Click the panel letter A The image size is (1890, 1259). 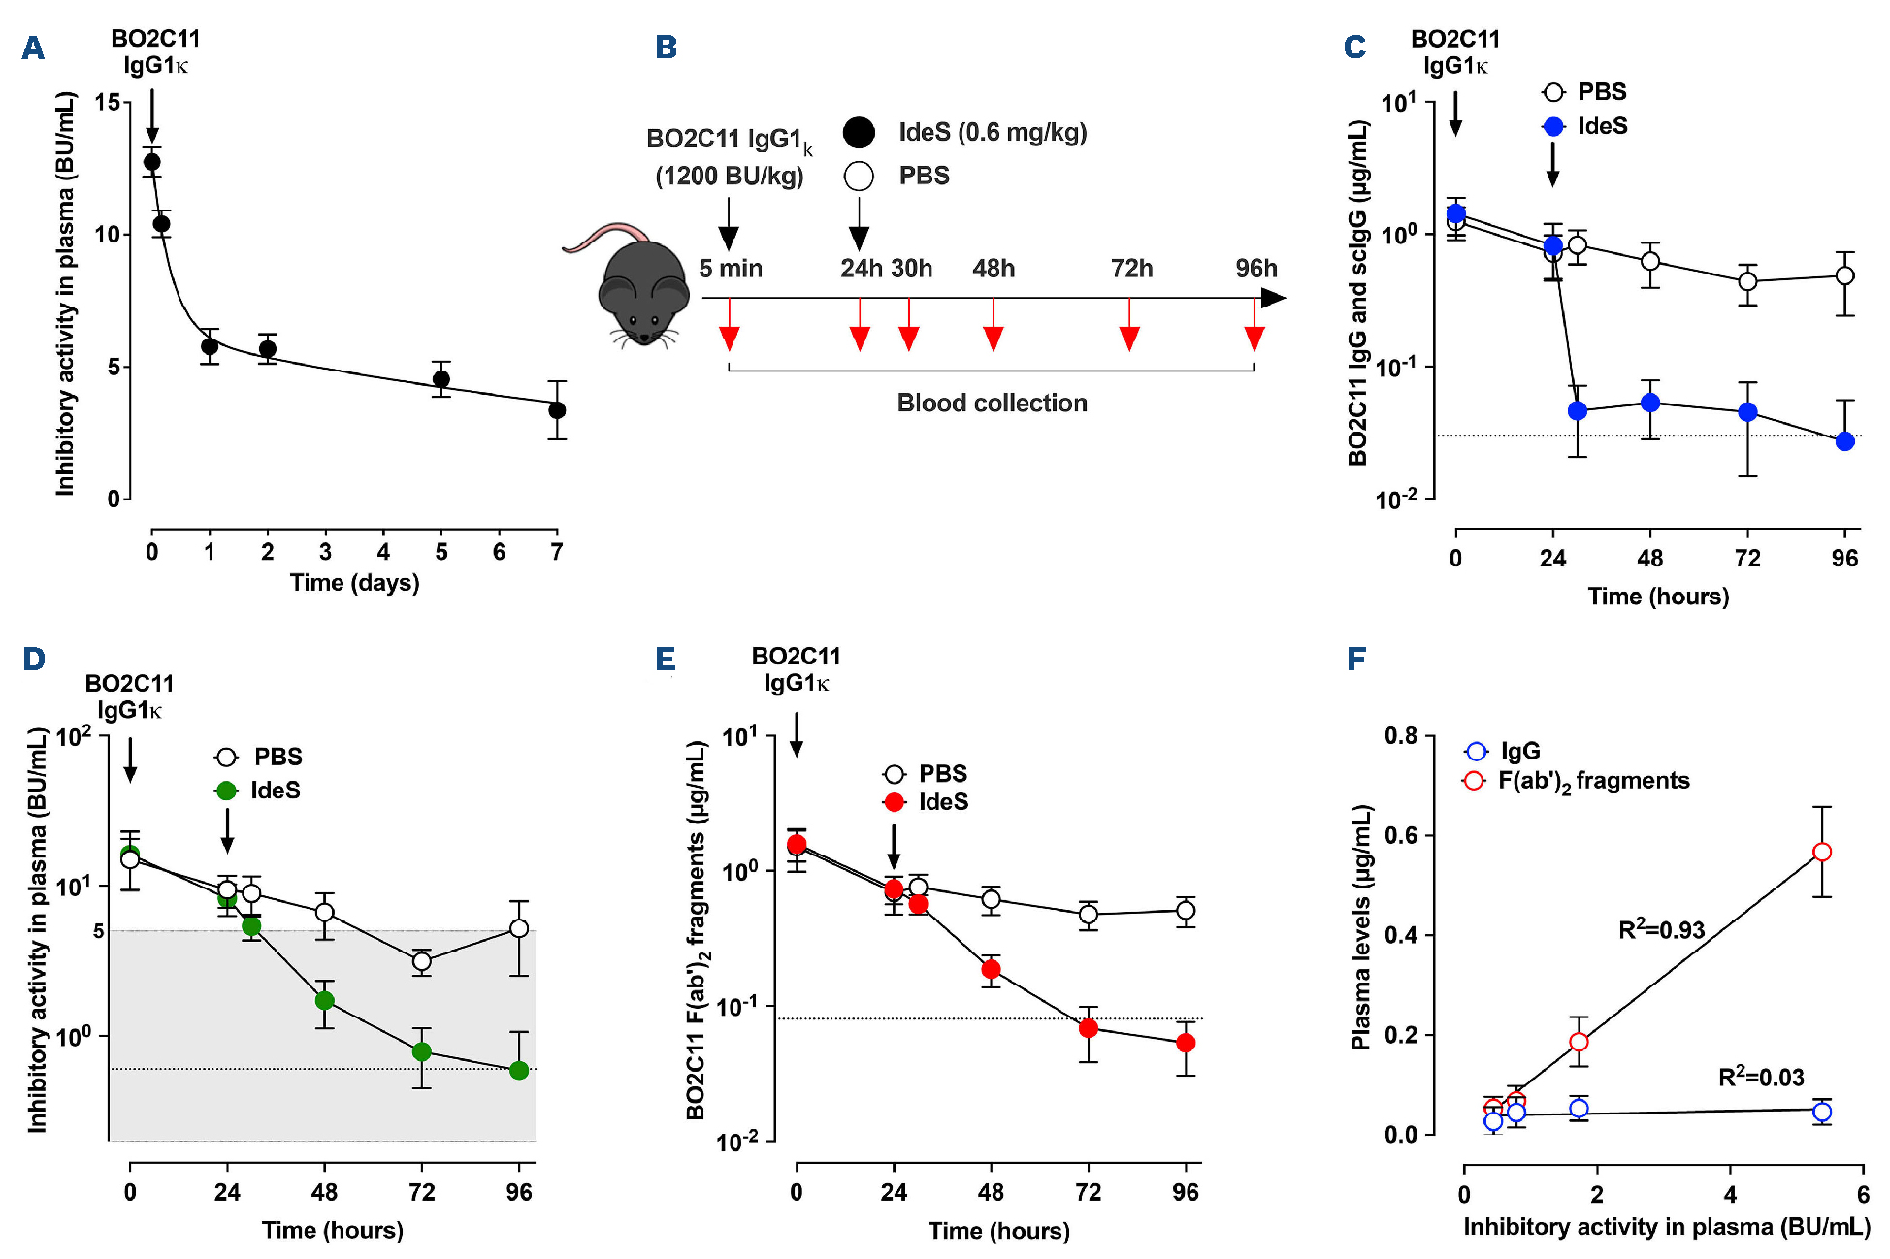(33, 48)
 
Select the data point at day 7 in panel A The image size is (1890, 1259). (557, 410)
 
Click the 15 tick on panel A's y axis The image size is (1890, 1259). (108, 102)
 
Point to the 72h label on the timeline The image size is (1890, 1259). (1131, 269)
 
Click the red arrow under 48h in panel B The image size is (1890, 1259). (993, 337)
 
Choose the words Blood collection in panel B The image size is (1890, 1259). (992, 403)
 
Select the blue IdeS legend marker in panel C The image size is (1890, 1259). (1553, 126)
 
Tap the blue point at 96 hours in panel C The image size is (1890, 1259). (1844, 441)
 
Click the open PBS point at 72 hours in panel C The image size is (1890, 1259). (1747, 281)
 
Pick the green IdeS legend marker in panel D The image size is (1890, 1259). (226, 791)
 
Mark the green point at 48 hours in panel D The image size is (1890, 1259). (324, 1000)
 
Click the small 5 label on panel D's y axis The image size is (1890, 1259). (98, 931)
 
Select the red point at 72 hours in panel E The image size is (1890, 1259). (1089, 1027)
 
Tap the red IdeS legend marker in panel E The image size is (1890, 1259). (895, 802)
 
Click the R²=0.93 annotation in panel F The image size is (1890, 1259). (1661, 930)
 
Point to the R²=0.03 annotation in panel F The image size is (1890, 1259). (1761, 1077)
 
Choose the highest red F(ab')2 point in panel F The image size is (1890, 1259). (1822, 852)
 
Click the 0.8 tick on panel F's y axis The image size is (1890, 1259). (1400, 736)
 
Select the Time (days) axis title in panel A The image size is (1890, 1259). (354, 583)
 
